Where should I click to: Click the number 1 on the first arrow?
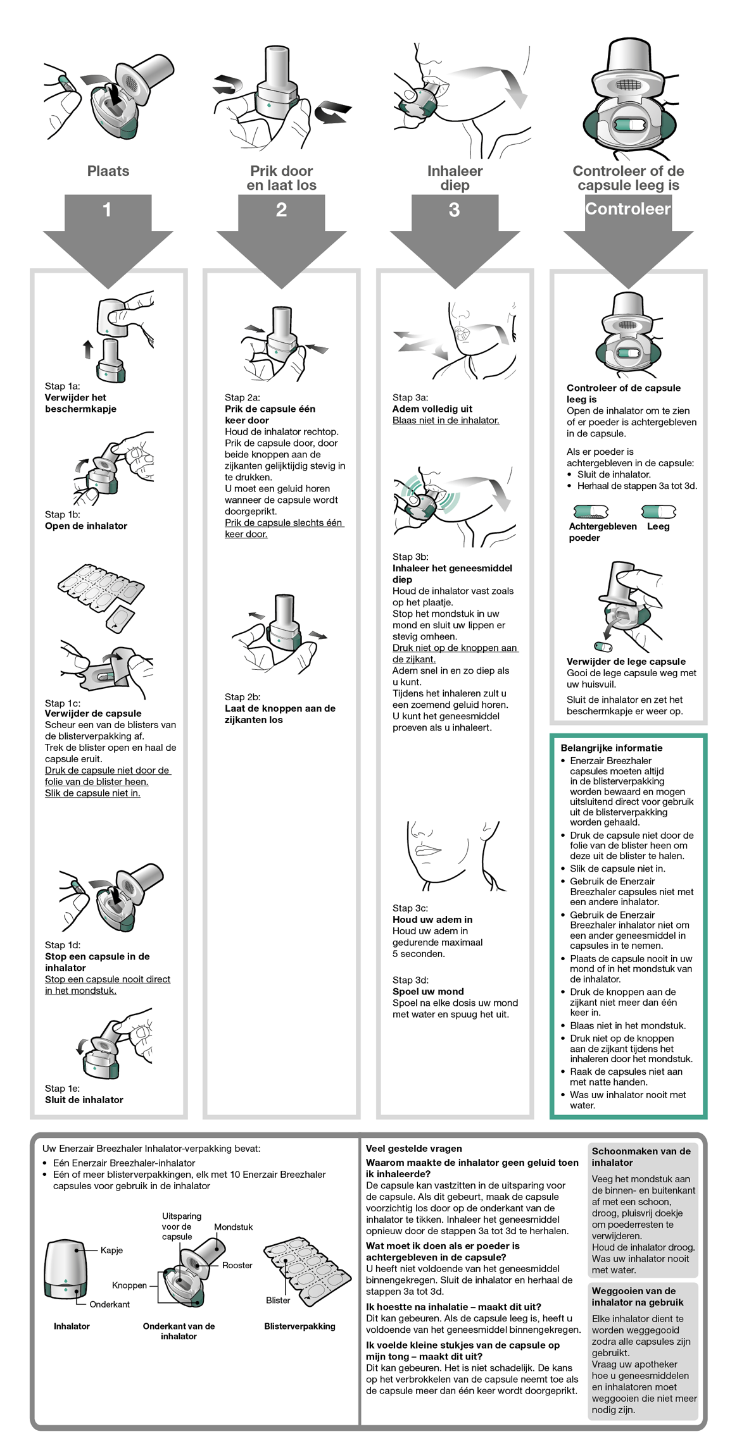(x=107, y=209)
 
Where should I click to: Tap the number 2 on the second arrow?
(x=281, y=209)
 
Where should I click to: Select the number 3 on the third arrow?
(x=454, y=209)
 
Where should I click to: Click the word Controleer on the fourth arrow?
(x=627, y=209)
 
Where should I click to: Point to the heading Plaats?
(x=108, y=171)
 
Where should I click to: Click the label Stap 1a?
(x=62, y=386)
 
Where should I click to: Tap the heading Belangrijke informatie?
(x=611, y=748)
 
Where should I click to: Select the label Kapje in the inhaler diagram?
(x=111, y=1250)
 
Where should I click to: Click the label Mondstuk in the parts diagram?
(x=233, y=1227)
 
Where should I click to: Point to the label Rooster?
(x=237, y=1265)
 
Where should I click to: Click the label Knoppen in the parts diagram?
(x=129, y=1285)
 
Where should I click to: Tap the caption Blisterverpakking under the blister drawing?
(x=299, y=1326)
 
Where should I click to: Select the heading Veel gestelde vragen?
(x=413, y=1148)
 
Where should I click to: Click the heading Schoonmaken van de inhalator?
(x=640, y=1156)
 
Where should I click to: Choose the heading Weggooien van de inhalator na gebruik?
(x=633, y=1296)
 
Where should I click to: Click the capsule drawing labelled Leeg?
(x=658, y=511)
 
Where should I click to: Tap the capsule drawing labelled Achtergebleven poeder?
(x=590, y=511)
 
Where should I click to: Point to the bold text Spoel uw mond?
(x=427, y=991)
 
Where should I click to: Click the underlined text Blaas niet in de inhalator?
(x=445, y=420)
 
